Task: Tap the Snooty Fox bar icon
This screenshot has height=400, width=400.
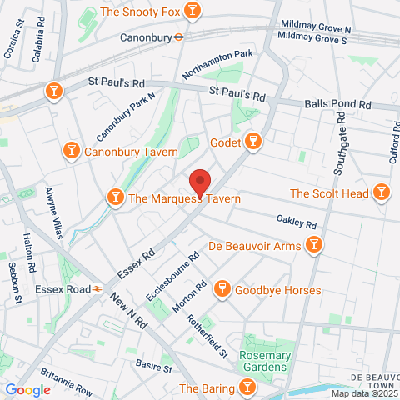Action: coord(193,11)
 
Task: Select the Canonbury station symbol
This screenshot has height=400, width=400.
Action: coord(177,37)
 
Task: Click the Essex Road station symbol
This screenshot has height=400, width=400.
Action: coord(97,287)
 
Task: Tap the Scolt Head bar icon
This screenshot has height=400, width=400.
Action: coord(382,193)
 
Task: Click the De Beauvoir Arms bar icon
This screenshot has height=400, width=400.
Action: coord(314,245)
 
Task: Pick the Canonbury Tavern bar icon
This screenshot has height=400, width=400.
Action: coord(72,151)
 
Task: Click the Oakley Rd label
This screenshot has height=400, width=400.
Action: coord(297,222)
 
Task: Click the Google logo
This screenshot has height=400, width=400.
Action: coord(27,389)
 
